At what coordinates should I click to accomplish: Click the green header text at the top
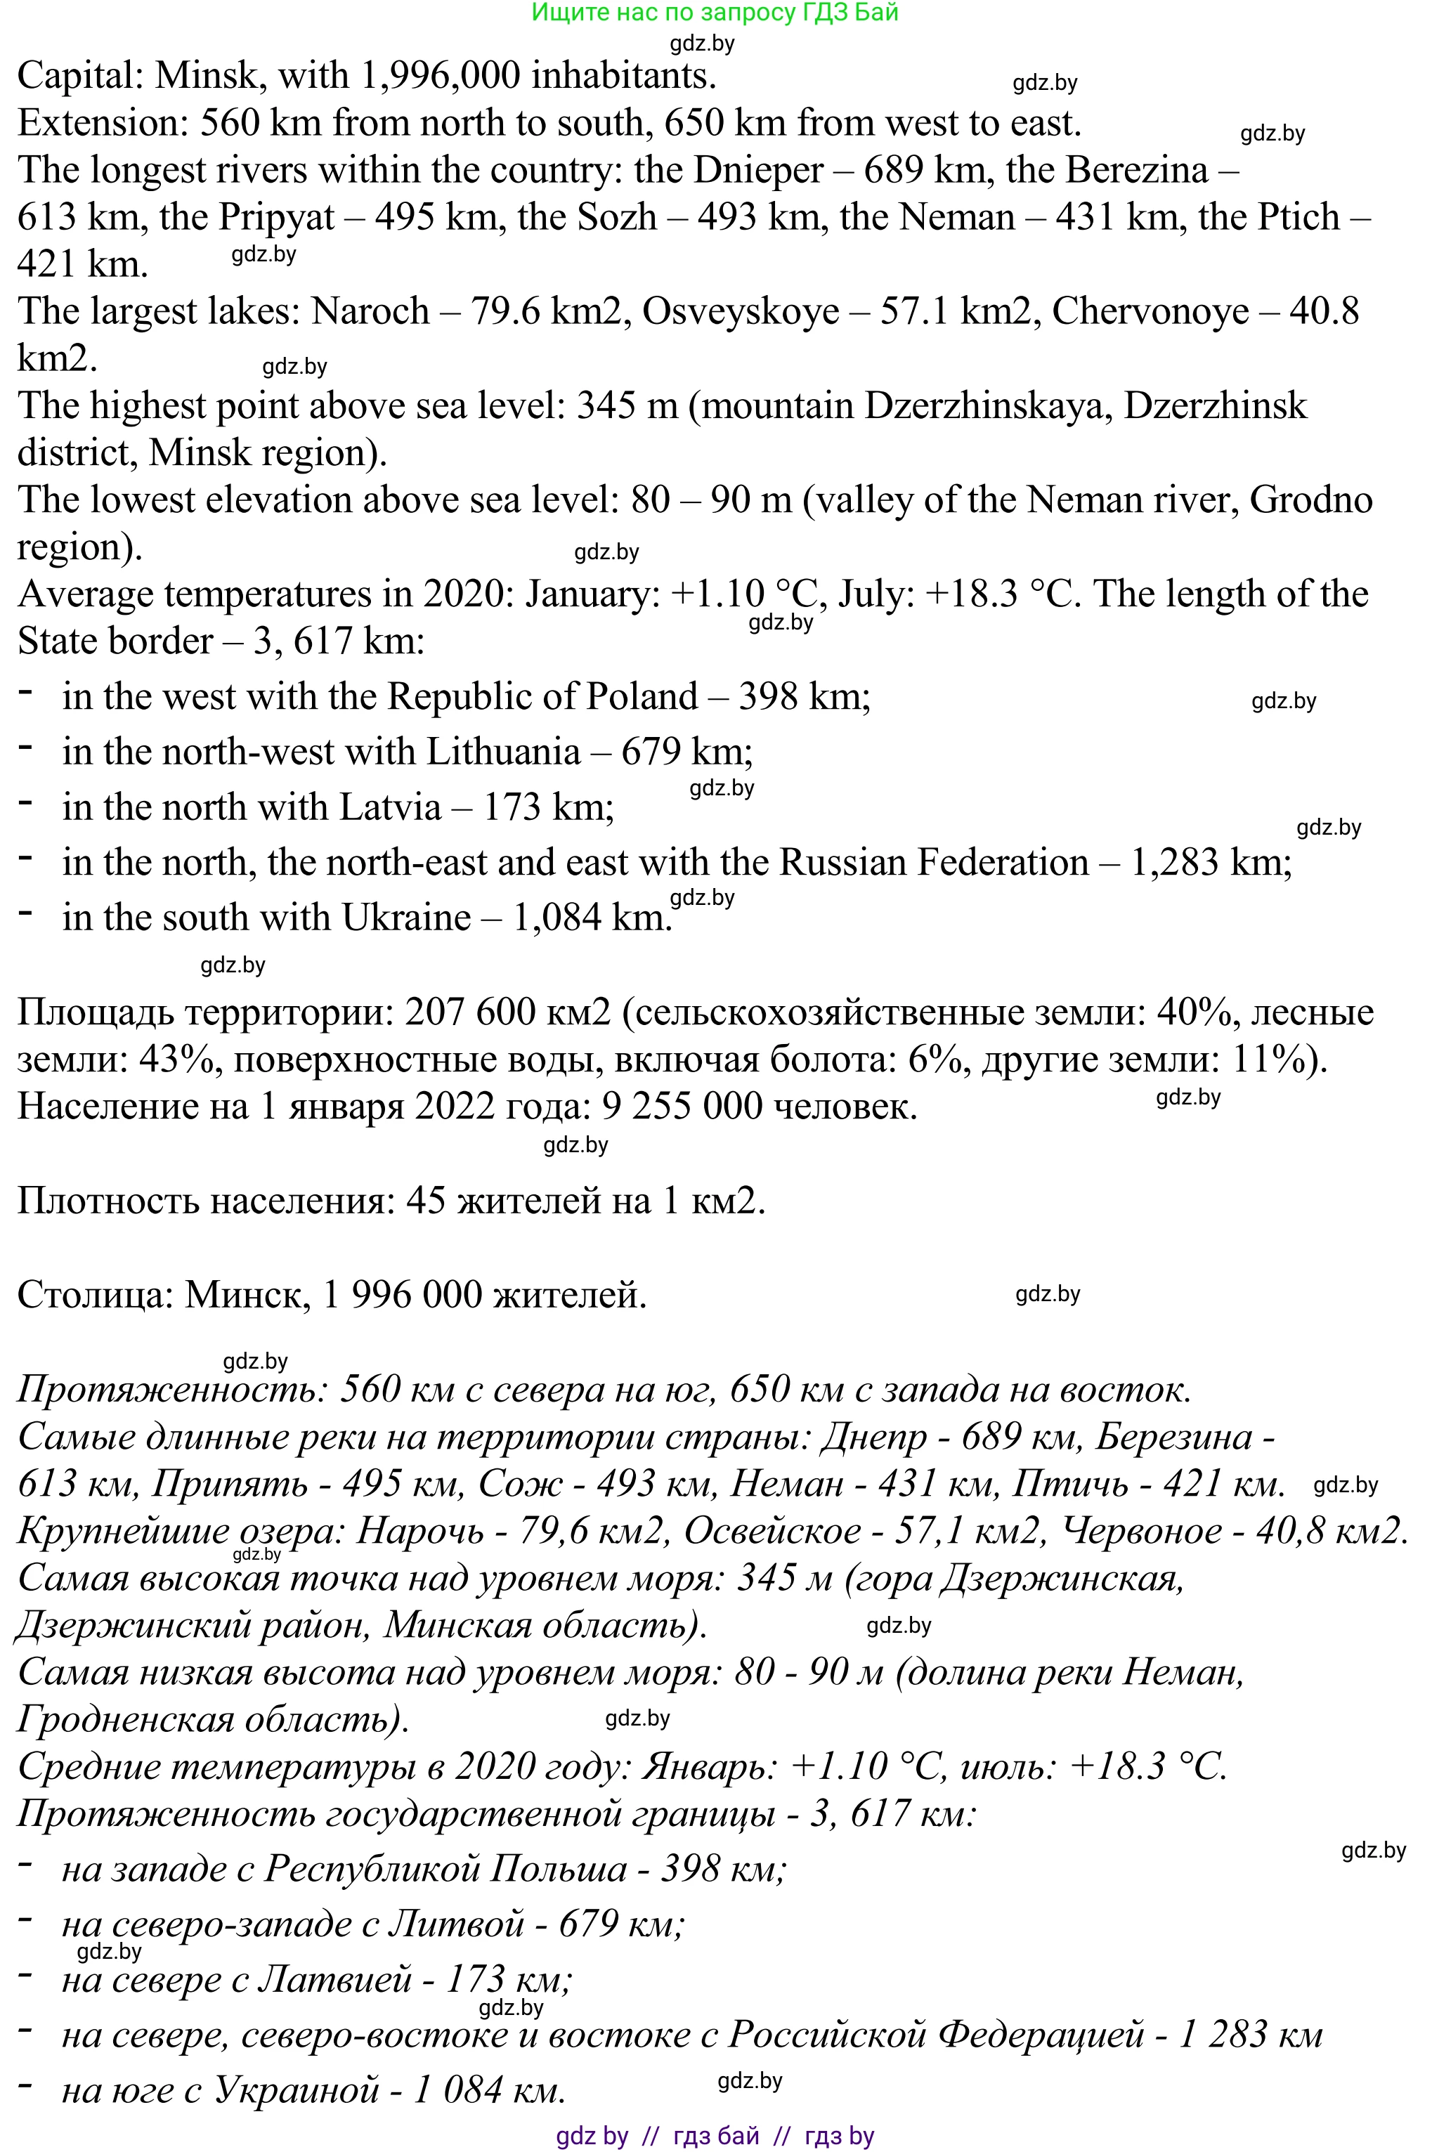pos(715,13)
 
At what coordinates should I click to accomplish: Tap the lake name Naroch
pos(370,311)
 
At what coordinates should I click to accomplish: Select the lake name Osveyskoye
pos(741,311)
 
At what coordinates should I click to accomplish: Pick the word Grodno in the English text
pos(1311,500)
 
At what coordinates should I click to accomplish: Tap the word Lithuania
pos(504,752)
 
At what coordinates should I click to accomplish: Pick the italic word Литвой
pos(456,1924)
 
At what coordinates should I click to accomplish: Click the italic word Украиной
pos(296,2089)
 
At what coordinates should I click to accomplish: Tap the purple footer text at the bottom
pos(715,2137)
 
